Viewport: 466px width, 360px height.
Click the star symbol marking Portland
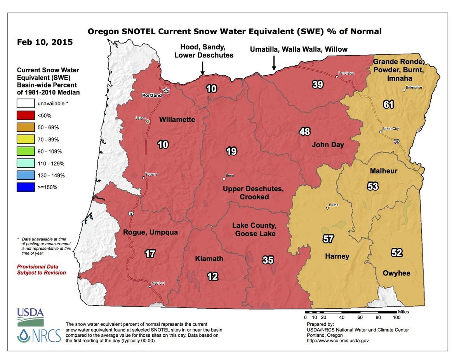click(x=166, y=91)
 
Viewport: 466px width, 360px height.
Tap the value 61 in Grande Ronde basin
click(x=389, y=104)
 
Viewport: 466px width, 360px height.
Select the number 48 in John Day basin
click(x=304, y=132)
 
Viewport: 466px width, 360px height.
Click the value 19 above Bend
click(x=231, y=151)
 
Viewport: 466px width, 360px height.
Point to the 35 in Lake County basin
click(x=268, y=260)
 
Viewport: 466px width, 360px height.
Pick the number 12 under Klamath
click(x=212, y=276)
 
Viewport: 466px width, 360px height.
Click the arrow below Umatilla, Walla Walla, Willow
click(x=274, y=63)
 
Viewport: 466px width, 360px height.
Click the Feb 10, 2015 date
click(x=45, y=42)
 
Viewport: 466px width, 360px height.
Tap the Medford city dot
click(x=150, y=287)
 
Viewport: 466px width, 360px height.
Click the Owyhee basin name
click(x=396, y=273)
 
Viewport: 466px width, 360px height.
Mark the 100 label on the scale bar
click(x=396, y=317)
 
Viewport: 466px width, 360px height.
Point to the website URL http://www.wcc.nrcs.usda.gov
click(x=337, y=341)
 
